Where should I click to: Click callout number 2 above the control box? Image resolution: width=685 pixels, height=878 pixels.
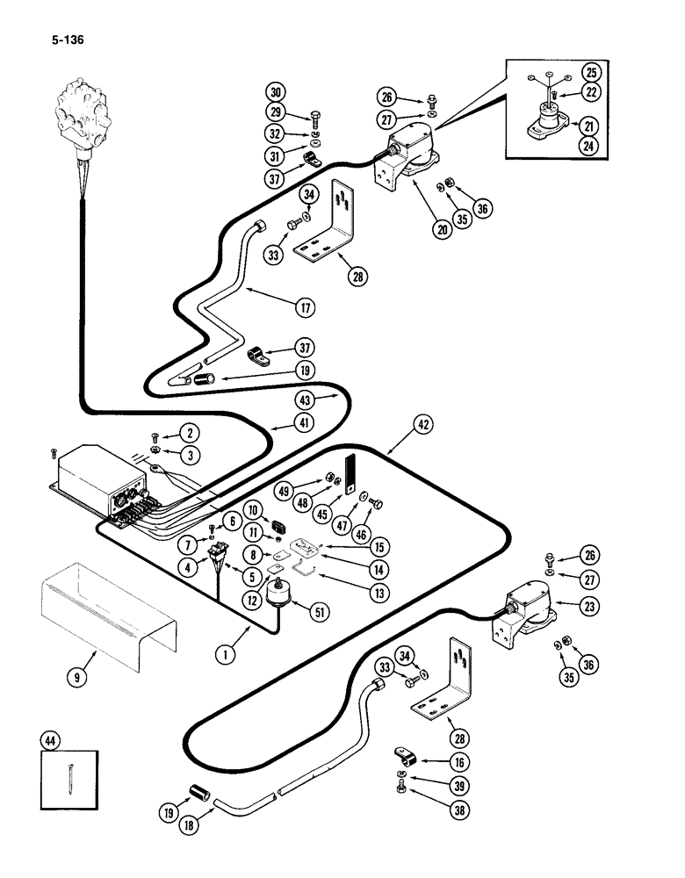[x=186, y=431]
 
